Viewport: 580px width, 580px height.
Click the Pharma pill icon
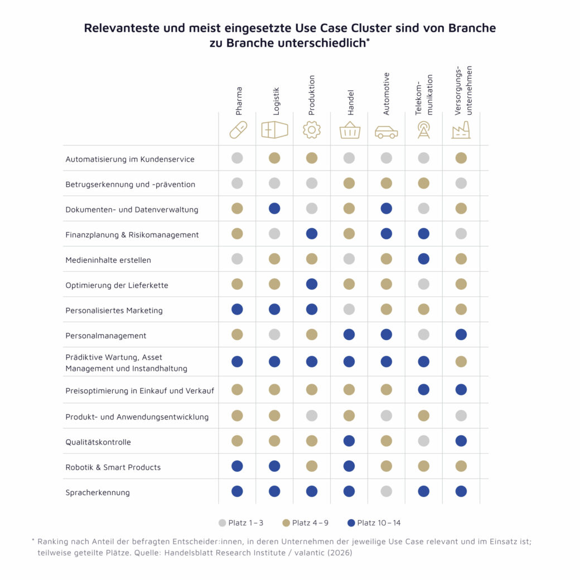click(x=238, y=130)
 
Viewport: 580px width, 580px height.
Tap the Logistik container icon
click(x=274, y=130)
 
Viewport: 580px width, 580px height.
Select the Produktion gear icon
click(x=312, y=130)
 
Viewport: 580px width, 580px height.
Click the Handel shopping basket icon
click(x=349, y=130)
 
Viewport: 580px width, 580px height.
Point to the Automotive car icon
click(x=386, y=132)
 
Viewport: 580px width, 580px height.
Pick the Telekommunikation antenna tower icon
click(x=424, y=130)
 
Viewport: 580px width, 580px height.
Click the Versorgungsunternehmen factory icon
click(x=461, y=130)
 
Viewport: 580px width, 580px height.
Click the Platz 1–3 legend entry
click(x=241, y=523)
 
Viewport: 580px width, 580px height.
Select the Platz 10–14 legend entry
click(x=373, y=523)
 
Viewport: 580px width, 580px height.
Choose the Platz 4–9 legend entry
click(x=306, y=523)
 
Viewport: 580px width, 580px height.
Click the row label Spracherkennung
click(x=97, y=492)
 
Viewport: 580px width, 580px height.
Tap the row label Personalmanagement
click(x=105, y=336)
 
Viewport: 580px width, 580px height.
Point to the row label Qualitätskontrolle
click(x=98, y=442)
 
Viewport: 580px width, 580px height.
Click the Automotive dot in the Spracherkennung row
click(x=386, y=491)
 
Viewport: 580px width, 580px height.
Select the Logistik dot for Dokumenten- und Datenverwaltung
click(x=274, y=209)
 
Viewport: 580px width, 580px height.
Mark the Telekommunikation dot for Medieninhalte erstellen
click(x=424, y=259)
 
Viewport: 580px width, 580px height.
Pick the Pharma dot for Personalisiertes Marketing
click(x=237, y=309)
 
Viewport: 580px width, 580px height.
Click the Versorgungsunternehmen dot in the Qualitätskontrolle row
click(x=461, y=441)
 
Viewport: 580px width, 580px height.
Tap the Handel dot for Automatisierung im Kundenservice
click(x=349, y=158)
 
